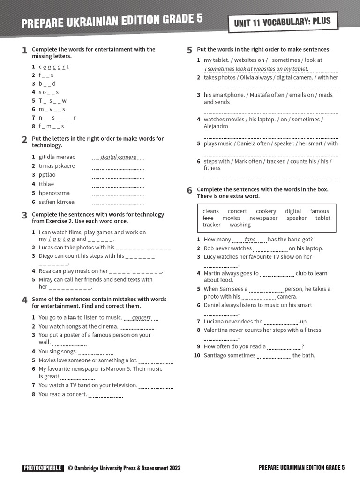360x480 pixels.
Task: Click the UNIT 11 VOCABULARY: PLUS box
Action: [x=282, y=22]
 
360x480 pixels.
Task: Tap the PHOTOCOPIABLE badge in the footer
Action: [x=42, y=468]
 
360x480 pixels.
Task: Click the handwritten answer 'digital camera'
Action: [x=119, y=157]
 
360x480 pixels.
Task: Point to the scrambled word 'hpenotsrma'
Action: [x=54, y=193]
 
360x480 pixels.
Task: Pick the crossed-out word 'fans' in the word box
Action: [x=208, y=218]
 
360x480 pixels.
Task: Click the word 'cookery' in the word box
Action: [x=266, y=211]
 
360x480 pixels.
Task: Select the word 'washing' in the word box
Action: [x=240, y=225]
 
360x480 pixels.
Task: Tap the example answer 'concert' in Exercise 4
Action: [x=141, y=317]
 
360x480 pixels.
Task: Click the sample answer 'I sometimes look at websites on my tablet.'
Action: [x=256, y=69]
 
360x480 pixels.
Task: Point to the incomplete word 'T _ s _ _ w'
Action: [x=52, y=101]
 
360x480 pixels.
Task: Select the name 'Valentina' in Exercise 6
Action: [x=216, y=330]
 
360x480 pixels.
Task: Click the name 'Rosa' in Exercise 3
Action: [x=45, y=271]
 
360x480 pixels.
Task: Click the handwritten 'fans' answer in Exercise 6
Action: [x=250, y=240]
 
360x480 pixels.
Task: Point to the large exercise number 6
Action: [x=189, y=190]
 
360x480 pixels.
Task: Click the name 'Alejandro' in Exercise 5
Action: [x=216, y=126]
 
